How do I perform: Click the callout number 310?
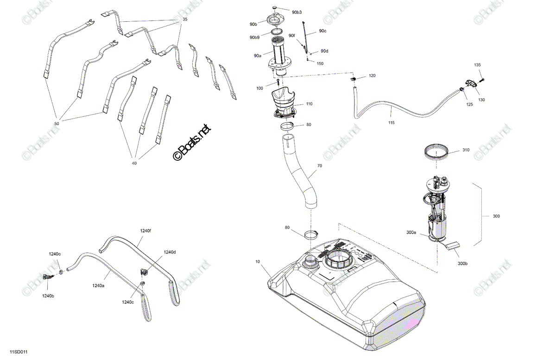click(466, 150)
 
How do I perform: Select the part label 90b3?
click(297, 13)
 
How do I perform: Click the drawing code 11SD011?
click(19, 352)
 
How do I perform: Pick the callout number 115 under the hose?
click(391, 123)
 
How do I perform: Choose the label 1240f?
click(145, 231)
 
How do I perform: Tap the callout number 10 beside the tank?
click(258, 262)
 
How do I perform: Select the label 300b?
click(463, 264)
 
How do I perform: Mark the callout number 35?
click(185, 19)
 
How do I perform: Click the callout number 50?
click(57, 124)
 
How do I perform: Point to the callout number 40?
click(134, 164)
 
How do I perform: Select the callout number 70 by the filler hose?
click(319, 166)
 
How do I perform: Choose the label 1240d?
click(170, 252)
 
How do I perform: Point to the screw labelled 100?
click(278, 82)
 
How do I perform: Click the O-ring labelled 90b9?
click(276, 32)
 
